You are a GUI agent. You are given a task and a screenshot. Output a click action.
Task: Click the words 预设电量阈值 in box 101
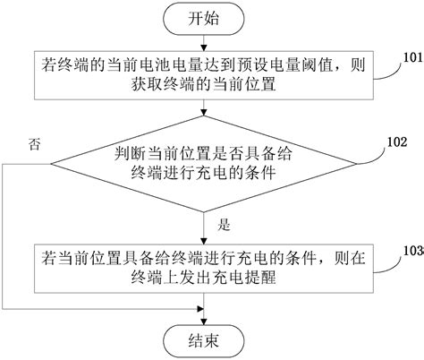click(x=296, y=66)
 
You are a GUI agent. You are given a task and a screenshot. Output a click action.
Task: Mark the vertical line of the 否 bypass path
click(x=6, y=233)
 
